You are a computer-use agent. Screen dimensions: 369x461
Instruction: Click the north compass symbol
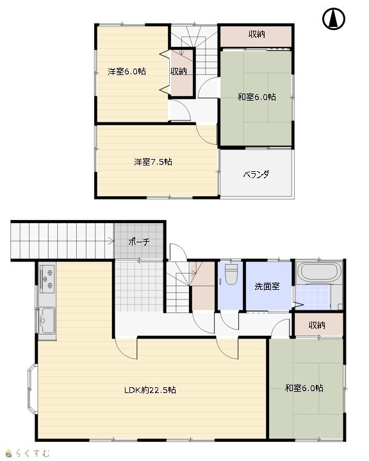tap(334, 19)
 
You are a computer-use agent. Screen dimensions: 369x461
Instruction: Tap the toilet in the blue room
tap(231, 274)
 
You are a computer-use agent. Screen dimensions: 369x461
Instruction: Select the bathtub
tap(319, 272)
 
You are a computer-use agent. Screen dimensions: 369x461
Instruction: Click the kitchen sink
tap(47, 321)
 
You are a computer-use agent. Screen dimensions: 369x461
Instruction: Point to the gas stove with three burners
tap(47, 279)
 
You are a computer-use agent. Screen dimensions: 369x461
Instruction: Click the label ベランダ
tap(256, 174)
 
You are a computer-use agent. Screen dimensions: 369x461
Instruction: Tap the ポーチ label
tap(138, 242)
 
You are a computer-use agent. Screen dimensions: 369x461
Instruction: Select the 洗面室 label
tap(267, 286)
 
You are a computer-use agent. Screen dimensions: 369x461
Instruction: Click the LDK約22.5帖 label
tap(150, 390)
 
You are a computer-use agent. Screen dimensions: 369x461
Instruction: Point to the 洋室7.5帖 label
tap(153, 162)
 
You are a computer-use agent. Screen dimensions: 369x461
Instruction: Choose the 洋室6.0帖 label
tap(127, 71)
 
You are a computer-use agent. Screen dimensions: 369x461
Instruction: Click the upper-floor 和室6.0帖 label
tap(256, 97)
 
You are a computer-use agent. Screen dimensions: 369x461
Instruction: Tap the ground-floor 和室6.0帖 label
tap(304, 388)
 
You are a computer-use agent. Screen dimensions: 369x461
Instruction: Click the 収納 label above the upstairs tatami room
tap(256, 34)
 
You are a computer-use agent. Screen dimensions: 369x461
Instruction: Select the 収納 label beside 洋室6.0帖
tap(179, 71)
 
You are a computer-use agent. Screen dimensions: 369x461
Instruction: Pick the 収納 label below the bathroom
tap(316, 325)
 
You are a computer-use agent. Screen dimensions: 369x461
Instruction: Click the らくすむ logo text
tap(33, 453)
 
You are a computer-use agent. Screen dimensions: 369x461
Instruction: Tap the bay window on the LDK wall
tap(32, 389)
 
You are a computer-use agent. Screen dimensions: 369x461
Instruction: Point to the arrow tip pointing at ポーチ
tap(114, 242)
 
